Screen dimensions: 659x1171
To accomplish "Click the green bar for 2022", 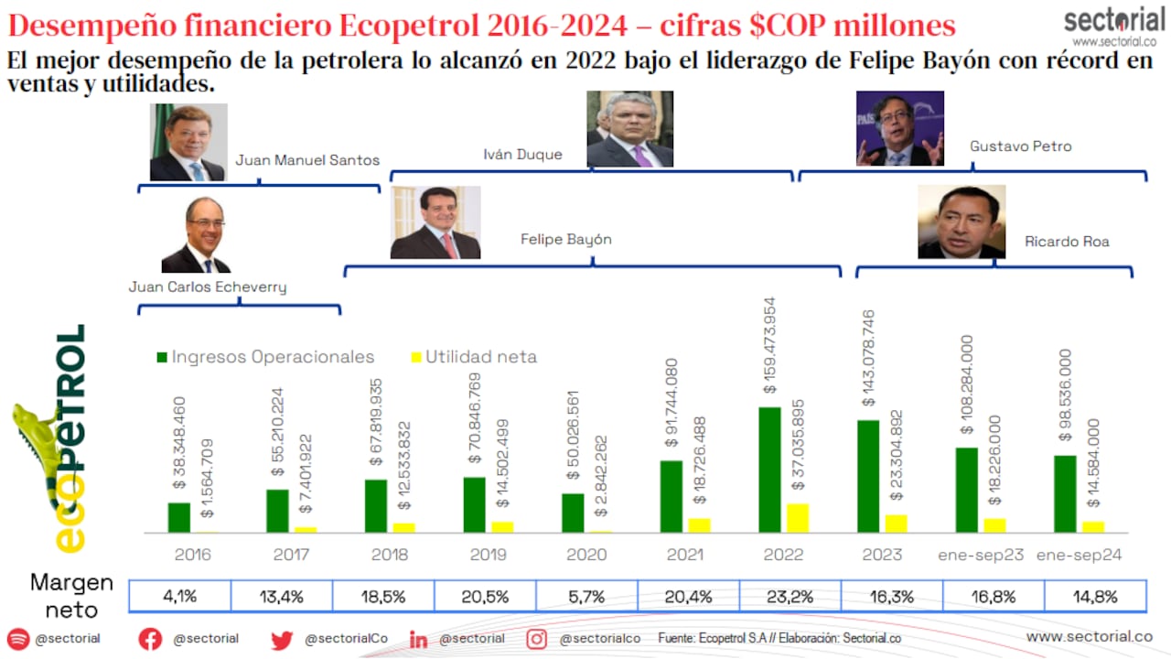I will (x=769, y=470).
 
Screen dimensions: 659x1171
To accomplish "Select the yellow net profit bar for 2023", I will (x=897, y=523).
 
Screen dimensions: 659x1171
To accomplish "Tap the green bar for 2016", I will (x=179, y=517).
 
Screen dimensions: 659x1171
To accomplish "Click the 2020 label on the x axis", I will (x=586, y=555).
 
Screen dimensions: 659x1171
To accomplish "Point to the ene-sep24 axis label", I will (x=1080, y=555).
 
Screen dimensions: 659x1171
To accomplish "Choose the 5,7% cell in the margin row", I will (x=586, y=596).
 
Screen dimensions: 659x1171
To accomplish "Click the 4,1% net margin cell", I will (x=180, y=596).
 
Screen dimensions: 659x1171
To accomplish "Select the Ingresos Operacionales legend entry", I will (x=265, y=357).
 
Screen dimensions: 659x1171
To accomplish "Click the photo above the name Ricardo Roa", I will (x=962, y=222).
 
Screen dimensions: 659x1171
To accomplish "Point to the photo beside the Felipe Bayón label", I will (x=435, y=222).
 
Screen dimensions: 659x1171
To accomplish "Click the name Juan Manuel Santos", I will (x=307, y=160).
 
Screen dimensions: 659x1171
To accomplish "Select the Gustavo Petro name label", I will (x=1020, y=146).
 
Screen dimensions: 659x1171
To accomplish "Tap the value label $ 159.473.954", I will (x=769, y=345).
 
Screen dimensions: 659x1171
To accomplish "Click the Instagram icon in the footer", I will (x=537, y=639).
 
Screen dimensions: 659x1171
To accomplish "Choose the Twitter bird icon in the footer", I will (x=282, y=640).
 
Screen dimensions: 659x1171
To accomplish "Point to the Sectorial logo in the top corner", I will (x=1113, y=27).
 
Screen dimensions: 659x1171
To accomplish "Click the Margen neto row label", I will (x=72, y=596).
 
